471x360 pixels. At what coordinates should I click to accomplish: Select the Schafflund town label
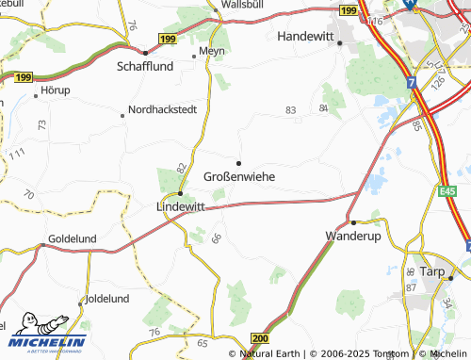point(146,68)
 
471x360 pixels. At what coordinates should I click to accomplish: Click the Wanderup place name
point(352,236)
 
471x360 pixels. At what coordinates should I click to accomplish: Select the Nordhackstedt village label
point(162,109)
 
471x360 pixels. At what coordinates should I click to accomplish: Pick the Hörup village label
point(56,90)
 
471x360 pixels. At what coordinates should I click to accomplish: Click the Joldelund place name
point(107,299)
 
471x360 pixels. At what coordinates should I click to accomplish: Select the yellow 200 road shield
point(261,337)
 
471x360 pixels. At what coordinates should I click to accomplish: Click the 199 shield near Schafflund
point(168,38)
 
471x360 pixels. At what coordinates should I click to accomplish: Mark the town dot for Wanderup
point(352,222)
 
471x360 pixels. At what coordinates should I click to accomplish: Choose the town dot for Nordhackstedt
point(122,116)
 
